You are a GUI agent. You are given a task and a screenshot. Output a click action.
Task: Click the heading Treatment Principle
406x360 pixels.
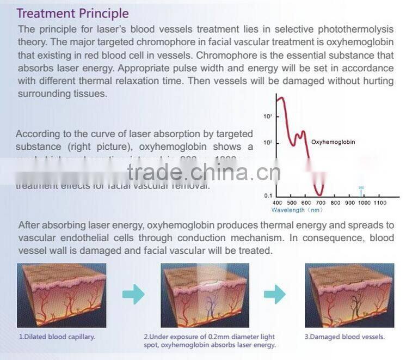pyautogui.click(x=73, y=13)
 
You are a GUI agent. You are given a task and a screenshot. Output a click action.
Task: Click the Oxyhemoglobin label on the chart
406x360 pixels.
pyautogui.click(x=333, y=142)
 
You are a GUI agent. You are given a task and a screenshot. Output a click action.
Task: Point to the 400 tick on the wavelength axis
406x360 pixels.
pyautogui.click(x=277, y=203)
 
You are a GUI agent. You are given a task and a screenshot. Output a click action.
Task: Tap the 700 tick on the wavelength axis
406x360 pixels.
pyautogui.click(x=321, y=203)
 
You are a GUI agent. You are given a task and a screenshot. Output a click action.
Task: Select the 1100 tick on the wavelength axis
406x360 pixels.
pyautogui.click(x=380, y=203)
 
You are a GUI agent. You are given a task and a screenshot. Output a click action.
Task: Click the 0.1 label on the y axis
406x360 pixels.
pyautogui.click(x=268, y=195)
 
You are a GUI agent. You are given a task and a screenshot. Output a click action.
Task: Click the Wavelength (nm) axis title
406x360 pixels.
pyautogui.click(x=297, y=210)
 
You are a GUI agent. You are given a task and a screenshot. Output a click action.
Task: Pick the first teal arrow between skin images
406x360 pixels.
pyautogui.click(x=133, y=295)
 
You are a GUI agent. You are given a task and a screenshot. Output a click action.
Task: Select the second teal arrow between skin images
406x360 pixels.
pyautogui.click(x=275, y=295)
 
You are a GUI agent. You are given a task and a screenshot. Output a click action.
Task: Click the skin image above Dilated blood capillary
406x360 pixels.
pyautogui.click(x=61, y=295)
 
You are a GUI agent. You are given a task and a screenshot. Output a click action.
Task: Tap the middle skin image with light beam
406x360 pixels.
pyautogui.click(x=205, y=295)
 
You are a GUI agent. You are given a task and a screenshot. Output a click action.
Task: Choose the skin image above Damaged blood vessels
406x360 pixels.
pyautogui.click(x=349, y=295)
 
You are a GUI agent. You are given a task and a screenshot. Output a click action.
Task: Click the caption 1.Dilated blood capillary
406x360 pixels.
pyautogui.click(x=57, y=337)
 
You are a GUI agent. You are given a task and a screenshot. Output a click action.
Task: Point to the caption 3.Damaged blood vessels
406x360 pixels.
pyautogui.click(x=345, y=337)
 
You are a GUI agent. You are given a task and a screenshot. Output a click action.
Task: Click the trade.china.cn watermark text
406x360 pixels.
pyautogui.click(x=204, y=173)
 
